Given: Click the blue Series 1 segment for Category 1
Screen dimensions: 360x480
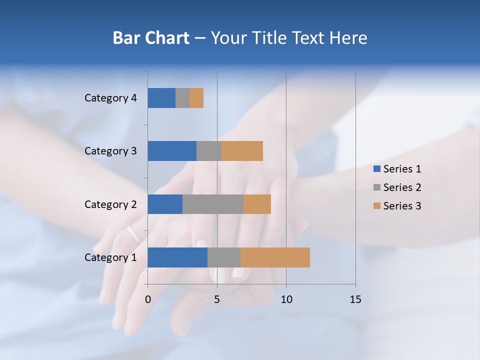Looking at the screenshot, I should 177,257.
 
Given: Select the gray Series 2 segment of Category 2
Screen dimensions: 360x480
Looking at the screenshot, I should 213,204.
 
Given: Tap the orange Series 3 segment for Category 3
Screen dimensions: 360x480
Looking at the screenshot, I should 242,151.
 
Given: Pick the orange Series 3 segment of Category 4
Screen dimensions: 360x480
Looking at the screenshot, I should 196,98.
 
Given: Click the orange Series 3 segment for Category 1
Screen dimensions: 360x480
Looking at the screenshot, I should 275,257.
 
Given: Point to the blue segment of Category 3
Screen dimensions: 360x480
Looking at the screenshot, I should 172,151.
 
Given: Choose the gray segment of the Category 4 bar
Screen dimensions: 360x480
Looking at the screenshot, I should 182,98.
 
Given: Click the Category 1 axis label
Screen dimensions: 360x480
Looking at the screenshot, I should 110,257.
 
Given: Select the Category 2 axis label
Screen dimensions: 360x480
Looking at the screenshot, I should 110,204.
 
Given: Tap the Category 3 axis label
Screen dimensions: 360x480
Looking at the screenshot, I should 110,151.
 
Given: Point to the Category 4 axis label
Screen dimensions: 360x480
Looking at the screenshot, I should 110,98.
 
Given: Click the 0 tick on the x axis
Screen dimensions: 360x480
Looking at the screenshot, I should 148,299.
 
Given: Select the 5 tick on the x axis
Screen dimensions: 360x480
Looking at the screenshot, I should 217,299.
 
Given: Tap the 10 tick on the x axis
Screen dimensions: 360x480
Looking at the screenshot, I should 286,299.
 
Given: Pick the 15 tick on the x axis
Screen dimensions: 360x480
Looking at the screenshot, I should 355,299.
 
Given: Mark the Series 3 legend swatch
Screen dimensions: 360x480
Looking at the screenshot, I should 377,206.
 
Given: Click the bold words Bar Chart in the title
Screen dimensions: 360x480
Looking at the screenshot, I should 150,38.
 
